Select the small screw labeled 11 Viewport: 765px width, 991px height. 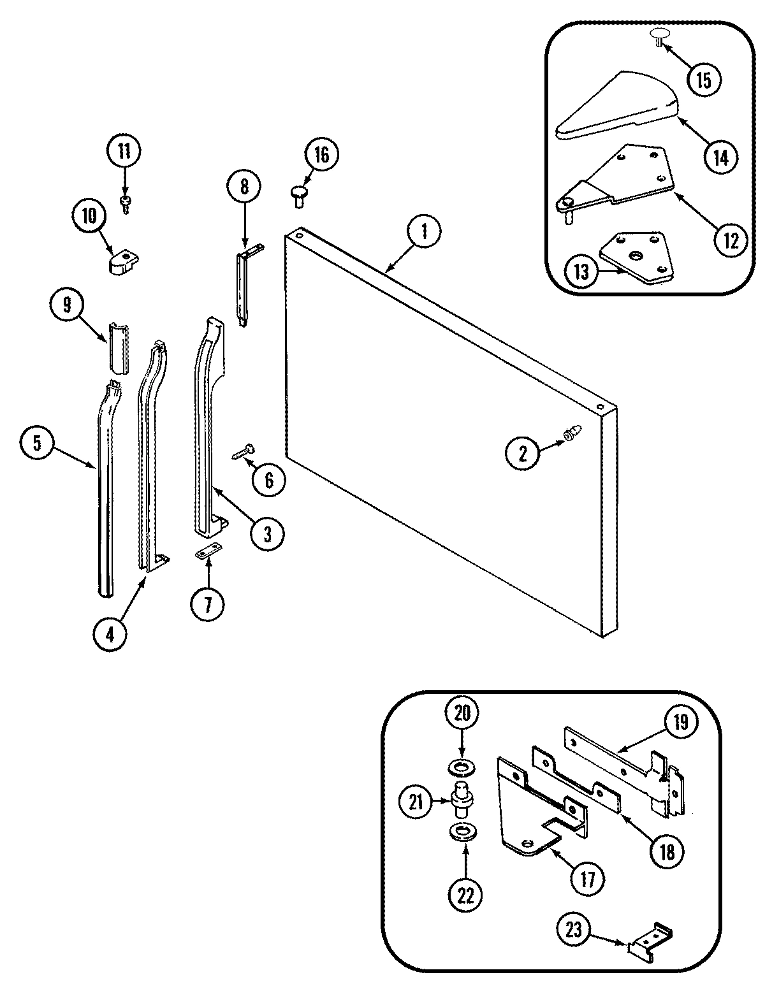point(125,204)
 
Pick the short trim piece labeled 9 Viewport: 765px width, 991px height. point(117,348)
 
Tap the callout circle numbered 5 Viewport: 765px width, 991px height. point(38,444)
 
